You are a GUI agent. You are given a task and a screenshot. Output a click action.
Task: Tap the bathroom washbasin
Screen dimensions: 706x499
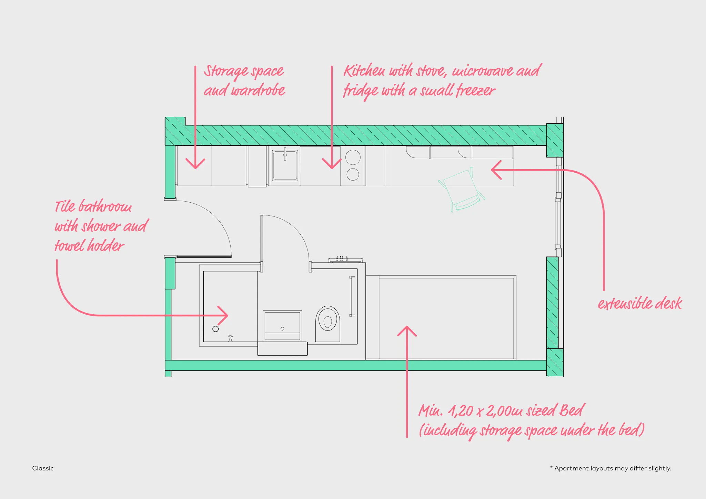282,326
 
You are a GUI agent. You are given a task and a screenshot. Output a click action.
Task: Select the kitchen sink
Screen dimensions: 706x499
285,165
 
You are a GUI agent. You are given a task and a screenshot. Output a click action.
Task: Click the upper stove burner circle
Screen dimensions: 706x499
353,157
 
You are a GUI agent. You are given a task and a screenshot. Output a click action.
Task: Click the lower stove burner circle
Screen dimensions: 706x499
353,174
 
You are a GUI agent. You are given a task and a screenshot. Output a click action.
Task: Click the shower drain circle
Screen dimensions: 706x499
215,329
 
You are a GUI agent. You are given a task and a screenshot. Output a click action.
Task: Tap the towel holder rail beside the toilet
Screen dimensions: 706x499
352,296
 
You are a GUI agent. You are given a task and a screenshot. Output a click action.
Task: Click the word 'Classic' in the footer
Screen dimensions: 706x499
43,468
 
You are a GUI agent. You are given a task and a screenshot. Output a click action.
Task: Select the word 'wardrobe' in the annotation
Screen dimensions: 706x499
258,90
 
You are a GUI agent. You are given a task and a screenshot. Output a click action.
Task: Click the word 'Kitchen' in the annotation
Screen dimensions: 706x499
364,71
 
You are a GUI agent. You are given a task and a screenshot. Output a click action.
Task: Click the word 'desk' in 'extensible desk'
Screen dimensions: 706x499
668,303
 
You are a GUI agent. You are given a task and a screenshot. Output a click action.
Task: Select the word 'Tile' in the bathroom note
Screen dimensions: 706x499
65,206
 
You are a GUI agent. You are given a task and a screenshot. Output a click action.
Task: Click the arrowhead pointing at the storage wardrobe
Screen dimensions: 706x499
195,164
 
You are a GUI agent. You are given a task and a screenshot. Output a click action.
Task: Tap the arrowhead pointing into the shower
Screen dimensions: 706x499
222,315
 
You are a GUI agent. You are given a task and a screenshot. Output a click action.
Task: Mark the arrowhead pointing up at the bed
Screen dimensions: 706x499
407,331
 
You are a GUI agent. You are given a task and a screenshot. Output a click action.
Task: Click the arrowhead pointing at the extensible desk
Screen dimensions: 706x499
496,170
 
